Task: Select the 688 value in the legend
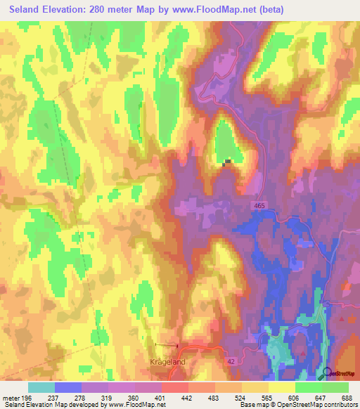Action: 345,397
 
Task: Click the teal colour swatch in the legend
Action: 41,387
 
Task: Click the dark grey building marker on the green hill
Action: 227,162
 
